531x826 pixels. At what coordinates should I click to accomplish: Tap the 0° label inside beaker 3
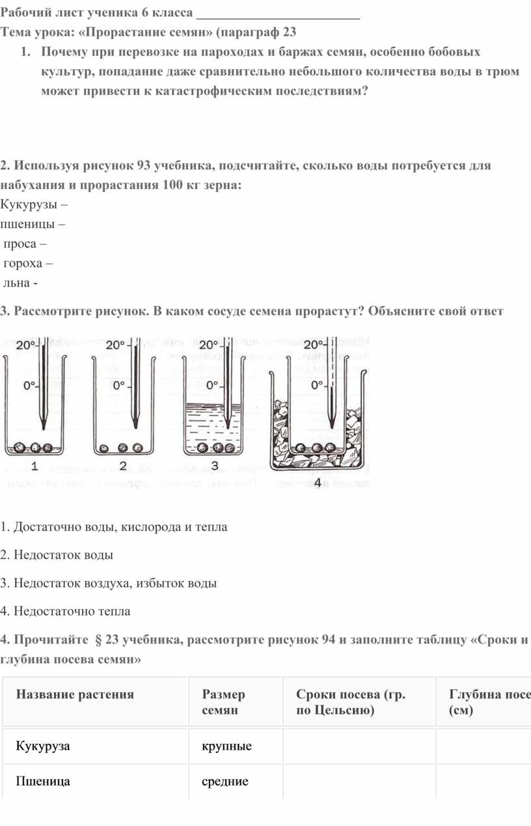coord(211,386)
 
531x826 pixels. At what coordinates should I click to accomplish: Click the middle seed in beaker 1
coord(36,448)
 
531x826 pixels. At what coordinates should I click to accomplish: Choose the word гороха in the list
coord(25,264)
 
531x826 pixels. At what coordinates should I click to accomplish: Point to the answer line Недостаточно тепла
coord(65,611)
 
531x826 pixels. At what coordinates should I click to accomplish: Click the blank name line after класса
coord(278,14)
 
